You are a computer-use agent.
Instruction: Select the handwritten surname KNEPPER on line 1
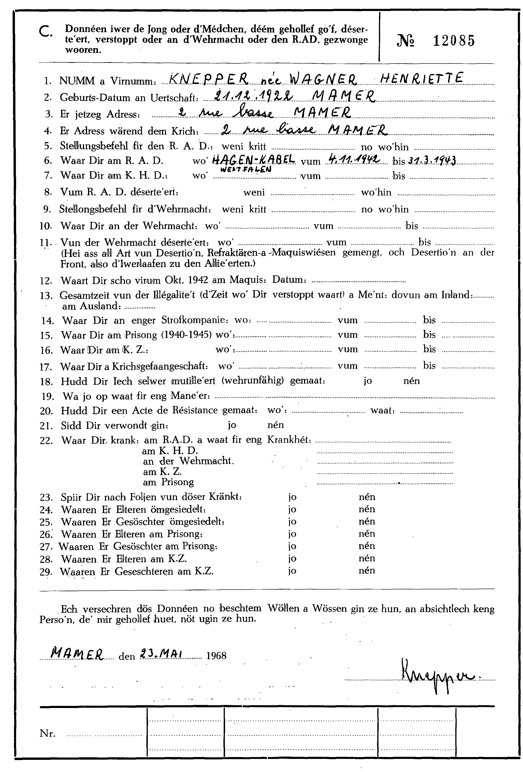[x=208, y=79]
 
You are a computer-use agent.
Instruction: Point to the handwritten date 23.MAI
[x=160, y=654]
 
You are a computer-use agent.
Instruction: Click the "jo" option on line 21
[x=233, y=425]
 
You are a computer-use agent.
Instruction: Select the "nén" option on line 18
[x=411, y=381]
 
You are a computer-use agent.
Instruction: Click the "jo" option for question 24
[x=292, y=509]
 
